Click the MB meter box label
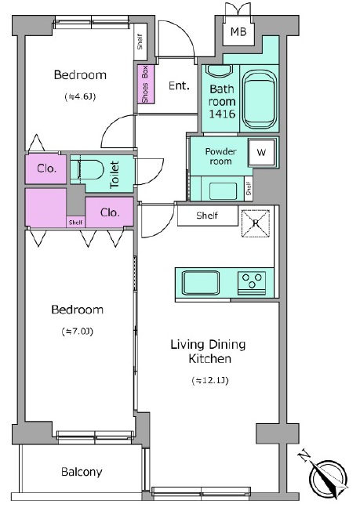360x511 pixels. (238, 31)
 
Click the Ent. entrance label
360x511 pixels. (179, 85)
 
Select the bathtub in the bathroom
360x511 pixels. (260, 100)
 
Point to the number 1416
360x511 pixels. (222, 114)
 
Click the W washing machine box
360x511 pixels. (261, 152)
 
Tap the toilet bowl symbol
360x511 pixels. (87, 169)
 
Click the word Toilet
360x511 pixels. (115, 174)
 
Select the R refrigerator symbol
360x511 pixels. (256, 223)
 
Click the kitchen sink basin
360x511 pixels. (201, 282)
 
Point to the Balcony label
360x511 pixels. (82, 472)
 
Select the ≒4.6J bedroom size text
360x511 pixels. (80, 96)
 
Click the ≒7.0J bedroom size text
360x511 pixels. (78, 332)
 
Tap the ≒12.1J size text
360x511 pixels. (210, 380)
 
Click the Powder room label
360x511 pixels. (220, 156)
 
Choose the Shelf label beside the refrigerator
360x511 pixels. (207, 216)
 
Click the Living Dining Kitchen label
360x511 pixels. (208, 351)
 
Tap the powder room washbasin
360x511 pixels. (223, 191)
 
